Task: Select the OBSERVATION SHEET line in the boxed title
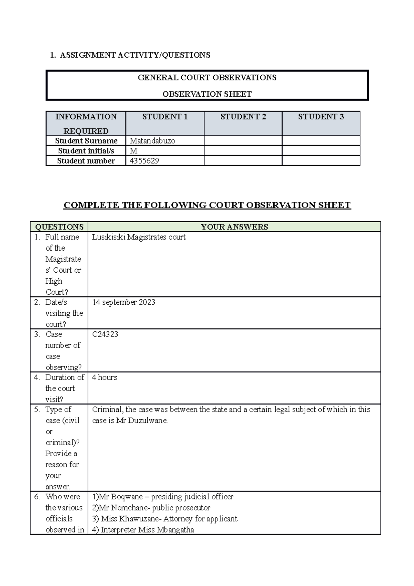[207, 94]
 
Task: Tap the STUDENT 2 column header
[243, 117]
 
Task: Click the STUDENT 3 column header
[321, 117]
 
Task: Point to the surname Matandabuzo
[152, 141]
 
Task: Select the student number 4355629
[144, 161]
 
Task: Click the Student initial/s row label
[86, 151]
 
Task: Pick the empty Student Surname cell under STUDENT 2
[243, 141]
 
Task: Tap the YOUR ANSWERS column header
[234, 227]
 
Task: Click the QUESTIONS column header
[59, 227]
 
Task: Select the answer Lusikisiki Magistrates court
[139, 237]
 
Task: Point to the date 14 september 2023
[124, 302]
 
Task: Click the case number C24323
[105, 334]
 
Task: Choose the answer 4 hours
[105, 378]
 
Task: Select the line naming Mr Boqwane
[163, 497]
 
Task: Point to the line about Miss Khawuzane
[165, 519]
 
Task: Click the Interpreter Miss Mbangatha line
[143, 530]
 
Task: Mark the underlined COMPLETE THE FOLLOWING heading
[207, 205]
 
